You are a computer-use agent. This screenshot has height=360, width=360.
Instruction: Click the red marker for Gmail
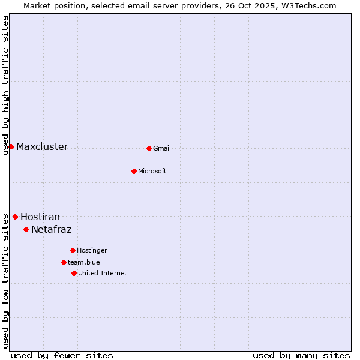[x=149, y=148]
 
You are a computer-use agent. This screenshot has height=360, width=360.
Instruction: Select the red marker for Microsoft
[x=134, y=171]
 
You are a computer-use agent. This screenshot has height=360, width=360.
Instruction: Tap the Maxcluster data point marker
[x=11, y=146]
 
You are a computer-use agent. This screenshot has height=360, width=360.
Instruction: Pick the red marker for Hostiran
[x=15, y=217]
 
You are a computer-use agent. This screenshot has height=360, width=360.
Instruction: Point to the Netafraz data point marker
[x=26, y=229]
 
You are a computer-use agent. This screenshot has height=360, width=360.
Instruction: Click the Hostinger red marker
[x=73, y=250]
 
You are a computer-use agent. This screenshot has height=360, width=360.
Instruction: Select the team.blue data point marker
[x=64, y=262]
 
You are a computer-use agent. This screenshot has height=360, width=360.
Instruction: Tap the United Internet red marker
[x=74, y=273]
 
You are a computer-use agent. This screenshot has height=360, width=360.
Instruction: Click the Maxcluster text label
[x=42, y=147]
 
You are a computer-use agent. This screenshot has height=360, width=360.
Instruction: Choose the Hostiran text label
[x=40, y=217]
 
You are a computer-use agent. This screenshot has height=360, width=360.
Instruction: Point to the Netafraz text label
[x=51, y=230]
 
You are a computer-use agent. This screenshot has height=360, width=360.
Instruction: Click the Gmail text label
[x=162, y=149]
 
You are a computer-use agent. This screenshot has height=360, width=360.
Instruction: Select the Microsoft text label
[x=152, y=172]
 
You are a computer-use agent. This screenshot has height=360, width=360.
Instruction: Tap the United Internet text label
[x=103, y=274]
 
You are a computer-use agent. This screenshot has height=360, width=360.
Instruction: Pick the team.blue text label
[x=84, y=263]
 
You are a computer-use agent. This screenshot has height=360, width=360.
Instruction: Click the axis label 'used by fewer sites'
[x=62, y=355]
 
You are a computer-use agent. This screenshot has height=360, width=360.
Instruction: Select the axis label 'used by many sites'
[x=301, y=355]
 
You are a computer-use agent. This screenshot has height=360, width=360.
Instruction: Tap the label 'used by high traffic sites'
[x=5, y=85]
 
